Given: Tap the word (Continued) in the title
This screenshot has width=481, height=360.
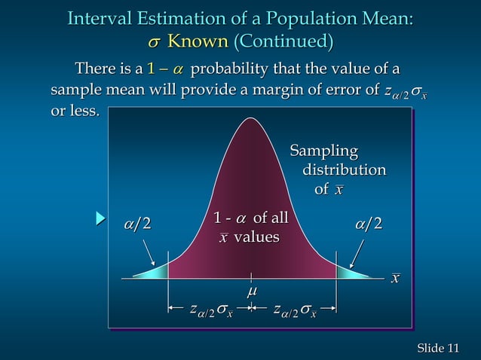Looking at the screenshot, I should [283, 41].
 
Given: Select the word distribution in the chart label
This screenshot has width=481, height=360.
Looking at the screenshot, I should [344, 171].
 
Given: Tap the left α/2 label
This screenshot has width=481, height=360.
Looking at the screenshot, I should [137, 224].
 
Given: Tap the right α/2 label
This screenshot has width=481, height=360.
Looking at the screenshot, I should [368, 224].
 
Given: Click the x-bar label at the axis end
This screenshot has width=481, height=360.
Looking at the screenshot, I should [394, 279].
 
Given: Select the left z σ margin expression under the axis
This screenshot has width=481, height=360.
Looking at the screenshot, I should [211, 310].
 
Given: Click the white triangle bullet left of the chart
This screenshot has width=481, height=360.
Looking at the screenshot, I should [99, 219].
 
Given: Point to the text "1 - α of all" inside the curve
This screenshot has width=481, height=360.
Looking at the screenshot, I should [251, 219].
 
